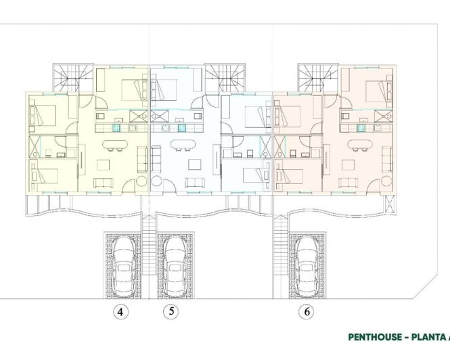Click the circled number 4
120,312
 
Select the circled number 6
308,312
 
